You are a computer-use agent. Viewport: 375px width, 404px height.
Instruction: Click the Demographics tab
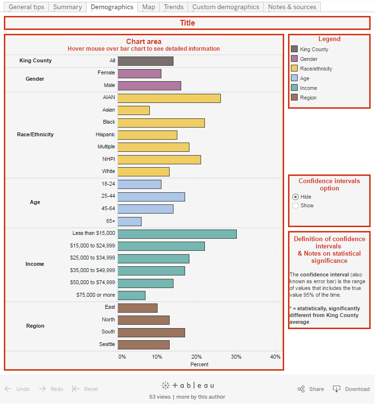click(112, 7)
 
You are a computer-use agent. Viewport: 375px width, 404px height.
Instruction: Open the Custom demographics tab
click(226, 7)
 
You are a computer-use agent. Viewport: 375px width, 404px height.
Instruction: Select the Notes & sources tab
click(292, 7)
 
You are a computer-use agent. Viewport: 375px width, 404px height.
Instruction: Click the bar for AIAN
click(169, 98)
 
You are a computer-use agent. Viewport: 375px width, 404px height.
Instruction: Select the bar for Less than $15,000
click(177, 234)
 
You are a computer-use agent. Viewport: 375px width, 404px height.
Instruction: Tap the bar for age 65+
click(130, 221)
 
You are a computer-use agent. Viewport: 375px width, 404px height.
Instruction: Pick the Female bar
click(139, 73)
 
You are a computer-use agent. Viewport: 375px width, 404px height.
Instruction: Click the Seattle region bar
click(144, 345)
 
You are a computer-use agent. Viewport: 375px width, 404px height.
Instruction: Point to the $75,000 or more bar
click(131, 295)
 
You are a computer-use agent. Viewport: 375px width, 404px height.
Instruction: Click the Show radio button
click(296, 205)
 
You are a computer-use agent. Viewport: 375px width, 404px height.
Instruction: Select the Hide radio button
click(296, 197)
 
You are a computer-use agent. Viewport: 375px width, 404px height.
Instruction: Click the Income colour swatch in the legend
click(294, 87)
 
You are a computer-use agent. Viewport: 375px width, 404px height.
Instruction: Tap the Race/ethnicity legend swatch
click(294, 68)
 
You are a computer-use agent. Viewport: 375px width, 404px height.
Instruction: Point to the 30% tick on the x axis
click(236, 357)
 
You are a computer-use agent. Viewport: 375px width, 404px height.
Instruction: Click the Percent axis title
click(199, 364)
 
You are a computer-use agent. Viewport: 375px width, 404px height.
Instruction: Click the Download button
click(351, 389)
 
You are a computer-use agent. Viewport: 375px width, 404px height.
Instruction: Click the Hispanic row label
click(105, 135)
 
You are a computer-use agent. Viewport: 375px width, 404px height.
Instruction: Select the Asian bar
click(133, 110)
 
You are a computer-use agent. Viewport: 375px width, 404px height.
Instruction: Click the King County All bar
click(145, 61)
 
